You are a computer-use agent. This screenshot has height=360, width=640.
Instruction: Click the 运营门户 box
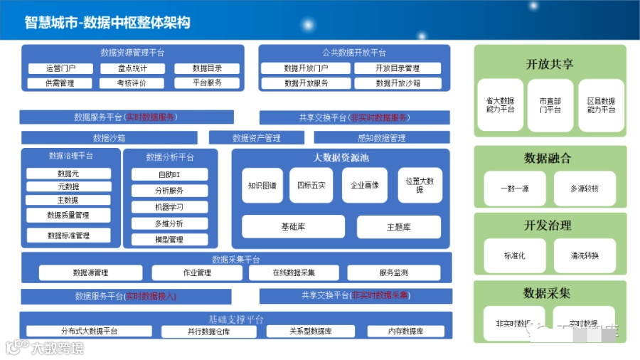[x=60, y=68]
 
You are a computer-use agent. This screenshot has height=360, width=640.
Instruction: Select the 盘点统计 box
[x=132, y=68]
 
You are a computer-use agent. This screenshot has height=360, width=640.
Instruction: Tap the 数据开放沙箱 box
[x=398, y=83]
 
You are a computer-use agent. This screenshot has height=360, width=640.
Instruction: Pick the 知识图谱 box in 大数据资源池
[x=262, y=186]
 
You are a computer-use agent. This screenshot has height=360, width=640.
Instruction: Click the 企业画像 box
[x=365, y=186]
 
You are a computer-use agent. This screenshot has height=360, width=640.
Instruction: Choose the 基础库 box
[x=293, y=227]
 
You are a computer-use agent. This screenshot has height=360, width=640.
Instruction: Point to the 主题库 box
[x=399, y=227]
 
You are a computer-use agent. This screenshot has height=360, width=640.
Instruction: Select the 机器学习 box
[x=169, y=207]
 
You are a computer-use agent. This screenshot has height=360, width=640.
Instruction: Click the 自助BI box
[x=169, y=174]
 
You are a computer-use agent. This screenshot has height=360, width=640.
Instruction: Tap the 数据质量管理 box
[x=68, y=215]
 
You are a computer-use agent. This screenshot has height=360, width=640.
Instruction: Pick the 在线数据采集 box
[x=294, y=272]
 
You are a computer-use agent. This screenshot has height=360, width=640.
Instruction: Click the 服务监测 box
[x=393, y=272]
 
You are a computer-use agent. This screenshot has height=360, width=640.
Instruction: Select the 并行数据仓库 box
[x=209, y=332]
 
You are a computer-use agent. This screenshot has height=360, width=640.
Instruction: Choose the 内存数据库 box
[x=406, y=332]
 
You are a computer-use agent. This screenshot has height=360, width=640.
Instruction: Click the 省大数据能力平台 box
[x=500, y=105]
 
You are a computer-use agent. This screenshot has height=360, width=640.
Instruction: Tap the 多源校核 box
[x=585, y=189]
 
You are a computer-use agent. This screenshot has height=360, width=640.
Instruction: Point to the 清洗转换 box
[x=585, y=255]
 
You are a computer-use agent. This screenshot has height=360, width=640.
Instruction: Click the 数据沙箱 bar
[x=110, y=138]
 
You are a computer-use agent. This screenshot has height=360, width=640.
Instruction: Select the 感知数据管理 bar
[x=382, y=138]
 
